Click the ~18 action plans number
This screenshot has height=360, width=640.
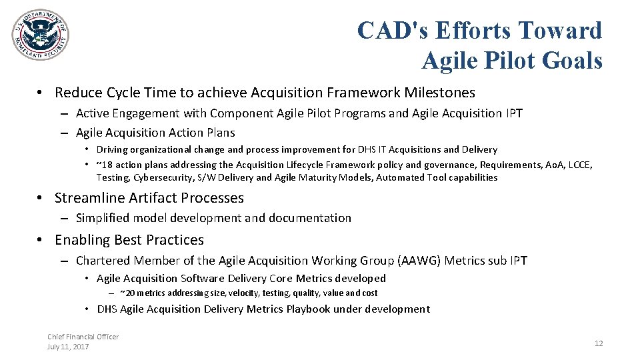[x=103, y=165]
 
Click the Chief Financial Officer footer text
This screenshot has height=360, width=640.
[x=83, y=337]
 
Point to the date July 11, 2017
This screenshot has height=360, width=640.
[x=68, y=347]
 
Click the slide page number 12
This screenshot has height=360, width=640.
[x=598, y=343]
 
